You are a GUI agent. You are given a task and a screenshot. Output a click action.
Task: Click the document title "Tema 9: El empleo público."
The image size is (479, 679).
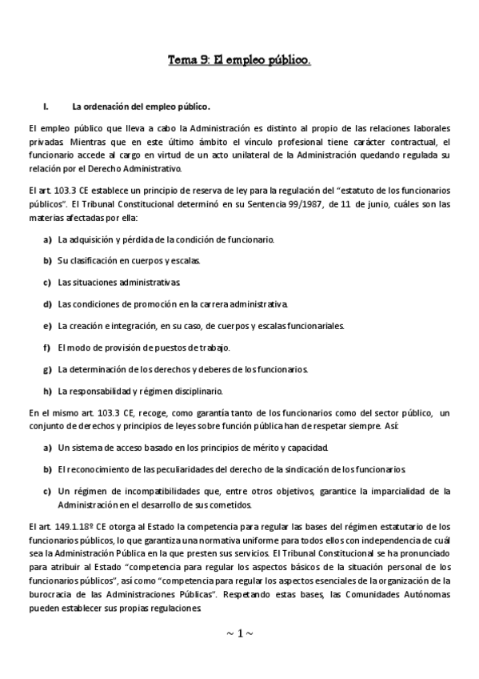(239, 59)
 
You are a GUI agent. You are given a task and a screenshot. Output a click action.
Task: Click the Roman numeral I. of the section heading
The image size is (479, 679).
(46, 106)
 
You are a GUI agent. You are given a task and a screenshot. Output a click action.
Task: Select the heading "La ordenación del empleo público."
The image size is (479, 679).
(142, 106)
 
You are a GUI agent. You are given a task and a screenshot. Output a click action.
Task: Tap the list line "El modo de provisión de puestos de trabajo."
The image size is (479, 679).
(144, 348)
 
